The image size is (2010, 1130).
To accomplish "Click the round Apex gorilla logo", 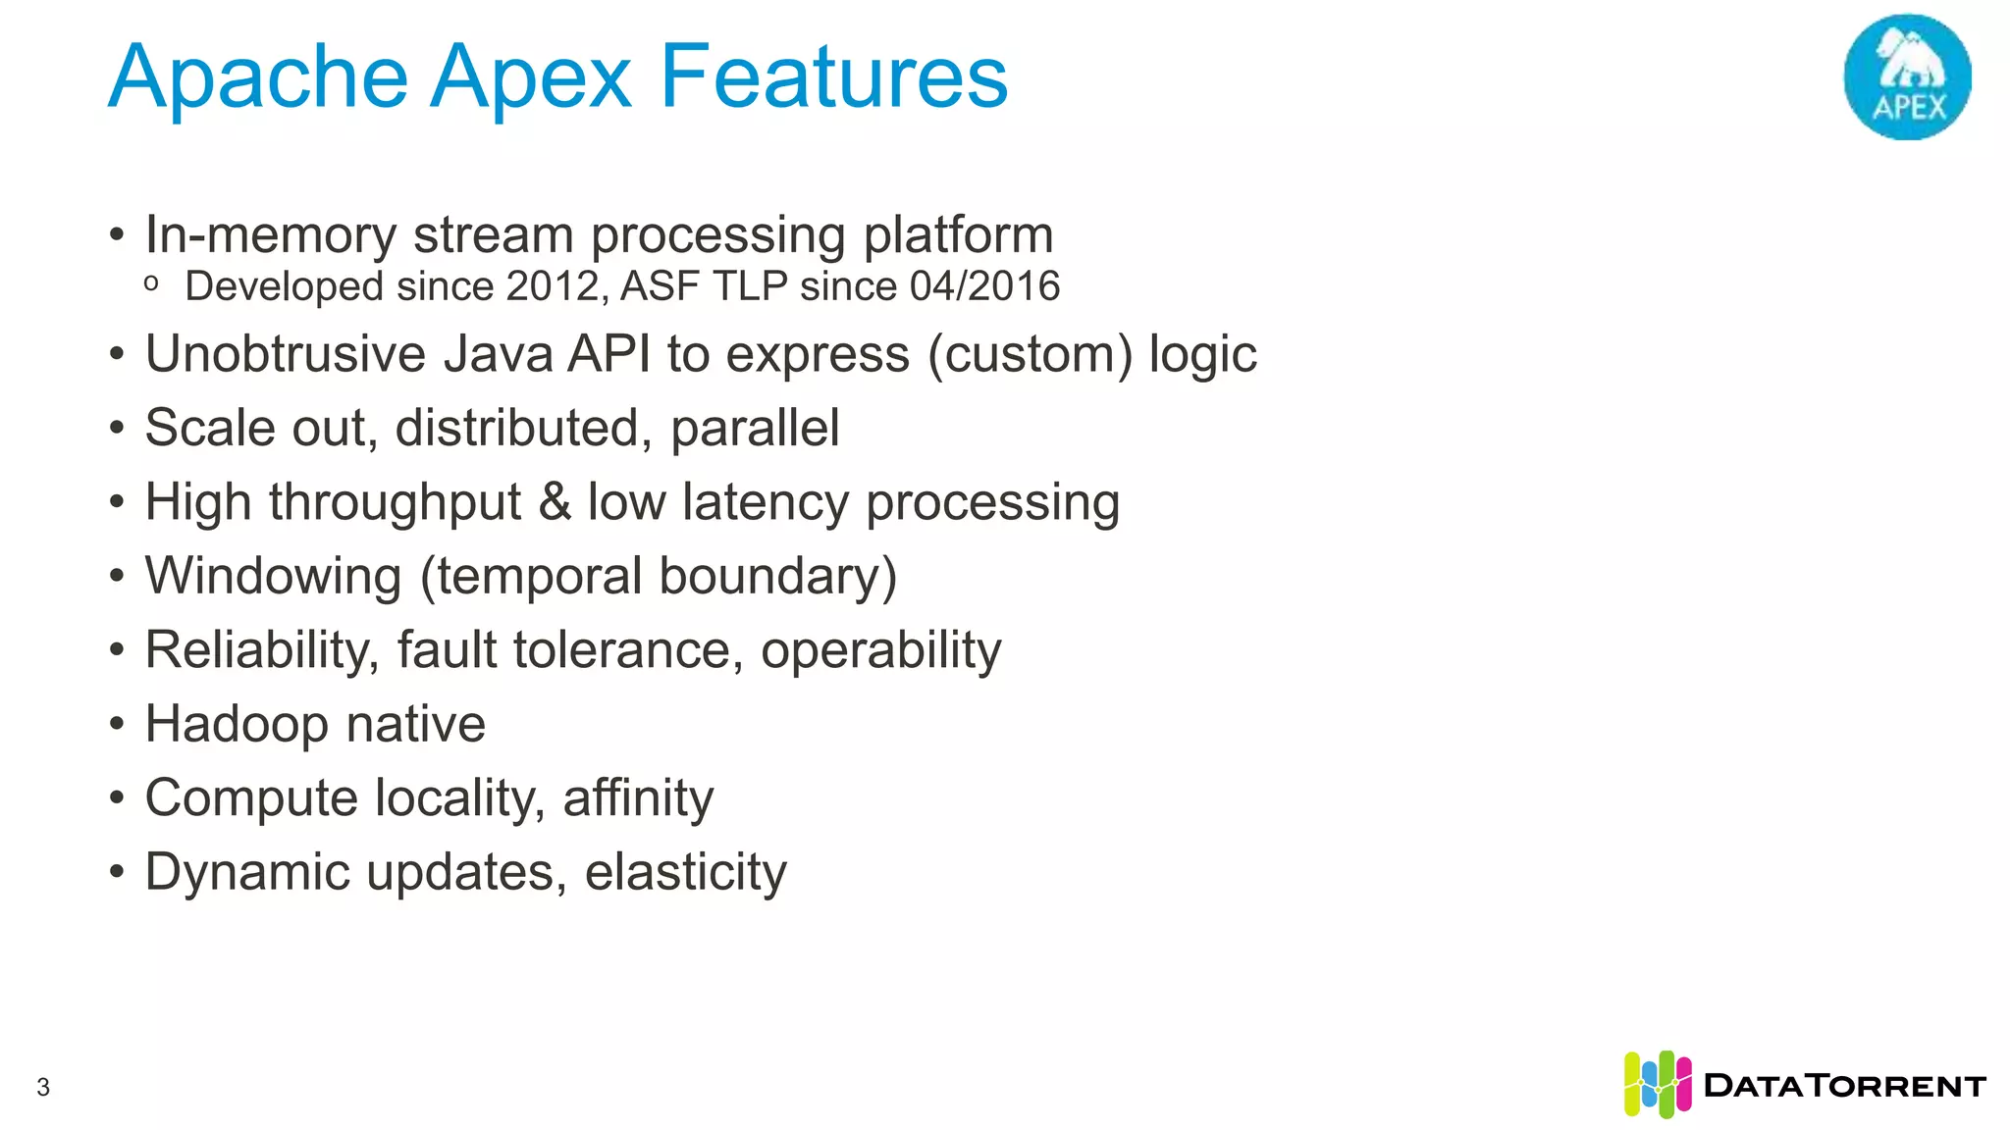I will coord(1907,77).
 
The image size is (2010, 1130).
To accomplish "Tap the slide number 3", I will coord(43,1087).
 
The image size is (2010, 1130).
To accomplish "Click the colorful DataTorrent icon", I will coord(1657,1084).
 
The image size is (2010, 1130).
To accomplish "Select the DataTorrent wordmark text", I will coord(1844,1086).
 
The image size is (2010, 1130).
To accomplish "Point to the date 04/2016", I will coord(984,286).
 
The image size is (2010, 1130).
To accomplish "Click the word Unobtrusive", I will coord(286,354).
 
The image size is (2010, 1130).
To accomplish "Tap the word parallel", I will coord(755,429).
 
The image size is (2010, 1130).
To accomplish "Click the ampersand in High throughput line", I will coord(555,502).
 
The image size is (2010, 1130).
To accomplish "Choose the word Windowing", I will coord(274,576).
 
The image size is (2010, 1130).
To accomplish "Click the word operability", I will coord(880,650).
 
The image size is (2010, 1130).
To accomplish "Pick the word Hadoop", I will coord(237,725).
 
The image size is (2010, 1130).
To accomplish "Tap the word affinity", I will coord(638,797).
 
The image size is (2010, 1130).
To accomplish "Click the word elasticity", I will coord(685,872).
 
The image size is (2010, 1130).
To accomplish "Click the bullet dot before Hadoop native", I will coord(118,725).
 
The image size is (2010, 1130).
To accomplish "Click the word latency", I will coord(766,502).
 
